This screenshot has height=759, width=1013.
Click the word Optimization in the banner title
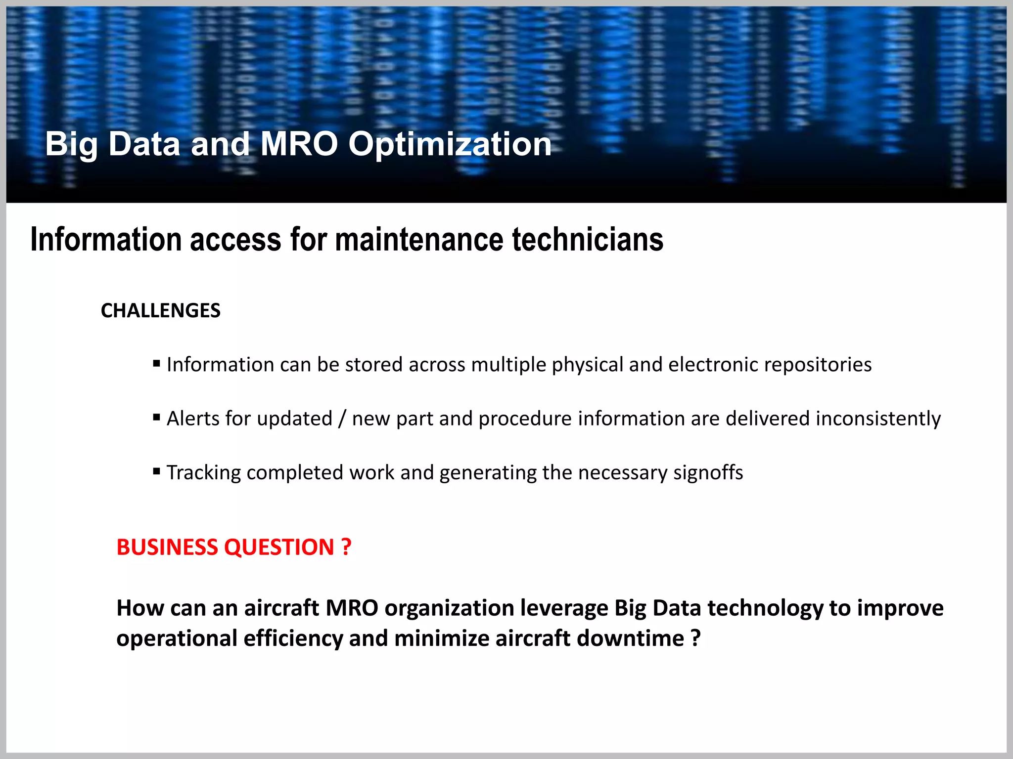(450, 144)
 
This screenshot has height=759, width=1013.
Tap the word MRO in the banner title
(299, 144)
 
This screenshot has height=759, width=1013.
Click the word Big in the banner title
(71, 144)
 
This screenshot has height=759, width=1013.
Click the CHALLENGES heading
(161, 311)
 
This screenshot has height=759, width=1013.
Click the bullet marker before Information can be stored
(157, 364)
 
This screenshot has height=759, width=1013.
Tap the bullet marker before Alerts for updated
(157, 418)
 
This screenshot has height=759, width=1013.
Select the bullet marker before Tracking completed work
(157, 471)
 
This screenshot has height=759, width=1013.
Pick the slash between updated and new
(342, 419)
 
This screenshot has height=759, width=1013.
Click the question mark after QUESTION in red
(346, 548)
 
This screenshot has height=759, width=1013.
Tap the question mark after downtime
(696, 638)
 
